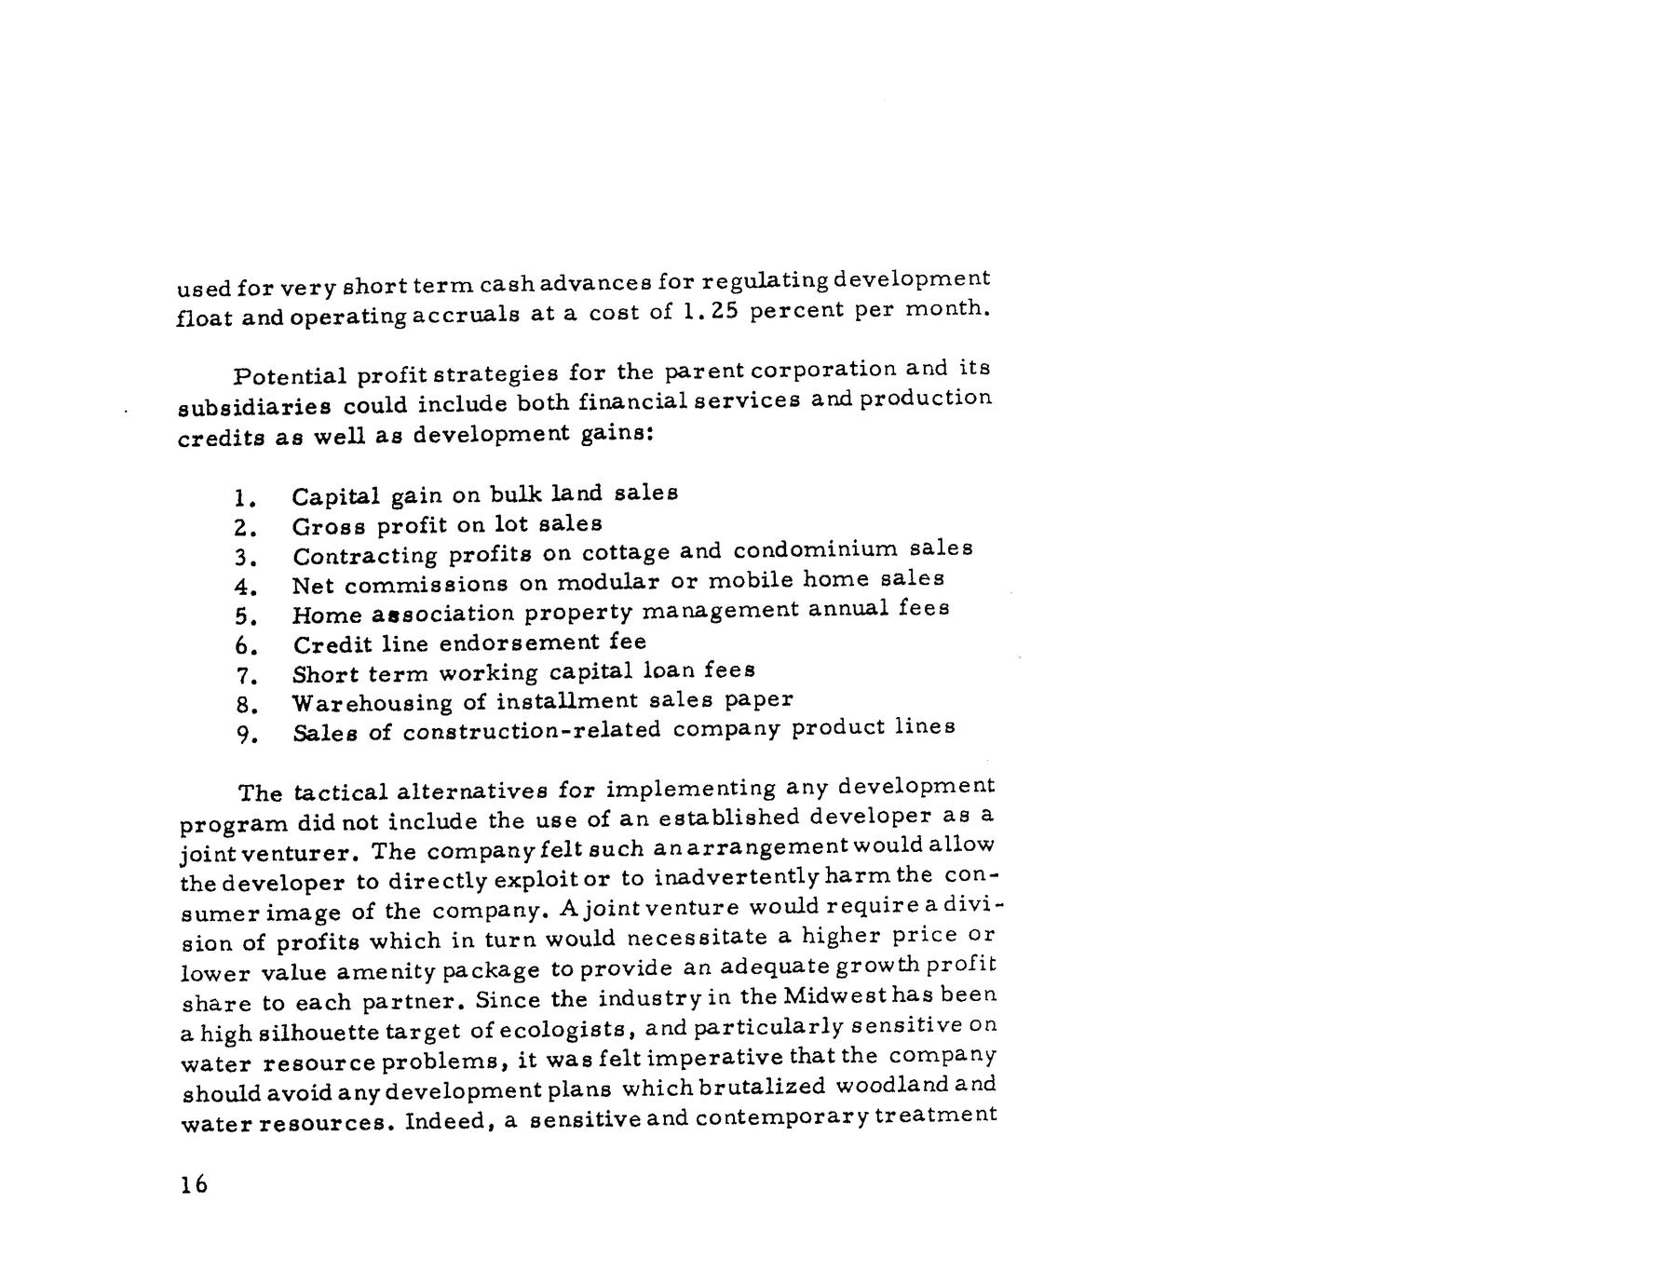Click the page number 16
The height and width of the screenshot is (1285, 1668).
tap(194, 1184)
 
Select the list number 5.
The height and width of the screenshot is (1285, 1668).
tap(244, 615)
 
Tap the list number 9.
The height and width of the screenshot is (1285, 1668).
tap(245, 735)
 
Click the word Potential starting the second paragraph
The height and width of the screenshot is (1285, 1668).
tap(288, 376)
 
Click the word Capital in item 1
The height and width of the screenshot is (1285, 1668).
tap(335, 496)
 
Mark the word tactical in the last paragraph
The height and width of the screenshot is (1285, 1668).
tap(340, 792)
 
